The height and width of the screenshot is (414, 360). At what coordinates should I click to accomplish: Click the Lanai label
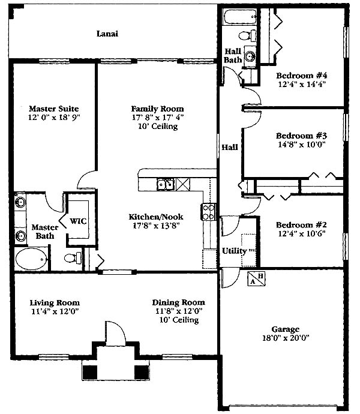click(x=107, y=34)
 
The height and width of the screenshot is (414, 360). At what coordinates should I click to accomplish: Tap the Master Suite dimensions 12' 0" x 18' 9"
click(x=54, y=118)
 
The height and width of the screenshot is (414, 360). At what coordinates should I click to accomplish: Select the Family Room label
click(x=157, y=109)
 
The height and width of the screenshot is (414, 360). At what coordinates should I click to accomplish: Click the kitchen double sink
click(x=166, y=184)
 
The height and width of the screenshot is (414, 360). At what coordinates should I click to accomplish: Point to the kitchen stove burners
click(x=208, y=212)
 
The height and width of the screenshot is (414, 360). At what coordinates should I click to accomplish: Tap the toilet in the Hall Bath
click(x=248, y=35)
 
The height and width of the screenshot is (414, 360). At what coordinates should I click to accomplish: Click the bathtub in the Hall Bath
click(x=240, y=17)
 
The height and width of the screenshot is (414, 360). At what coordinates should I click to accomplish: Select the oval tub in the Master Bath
click(x=31, y=259)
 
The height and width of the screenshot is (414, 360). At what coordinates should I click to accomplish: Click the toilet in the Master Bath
click(x=73, y=258)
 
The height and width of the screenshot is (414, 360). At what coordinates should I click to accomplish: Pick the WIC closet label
click(x=78, y=221)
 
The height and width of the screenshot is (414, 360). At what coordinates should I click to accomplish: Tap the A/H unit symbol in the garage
click(x=256, y=279)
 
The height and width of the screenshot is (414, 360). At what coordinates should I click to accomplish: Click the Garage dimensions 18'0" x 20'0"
click(x=286, y=338)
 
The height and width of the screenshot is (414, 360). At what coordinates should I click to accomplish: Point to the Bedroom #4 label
click(x=302, y=76)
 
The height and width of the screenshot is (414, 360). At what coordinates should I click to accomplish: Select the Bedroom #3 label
click(x=301, y=136)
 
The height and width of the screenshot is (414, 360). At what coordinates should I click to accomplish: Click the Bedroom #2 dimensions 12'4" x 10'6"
click(x=302, y=233)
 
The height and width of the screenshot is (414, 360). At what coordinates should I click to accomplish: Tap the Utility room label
click(x=234, y=251)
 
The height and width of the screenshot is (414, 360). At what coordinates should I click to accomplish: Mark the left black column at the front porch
click(x=90, y=372)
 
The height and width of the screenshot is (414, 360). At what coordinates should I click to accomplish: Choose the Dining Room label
click(x=179, y=302)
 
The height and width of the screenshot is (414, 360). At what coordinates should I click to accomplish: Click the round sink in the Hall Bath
click(x=250, y=56)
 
